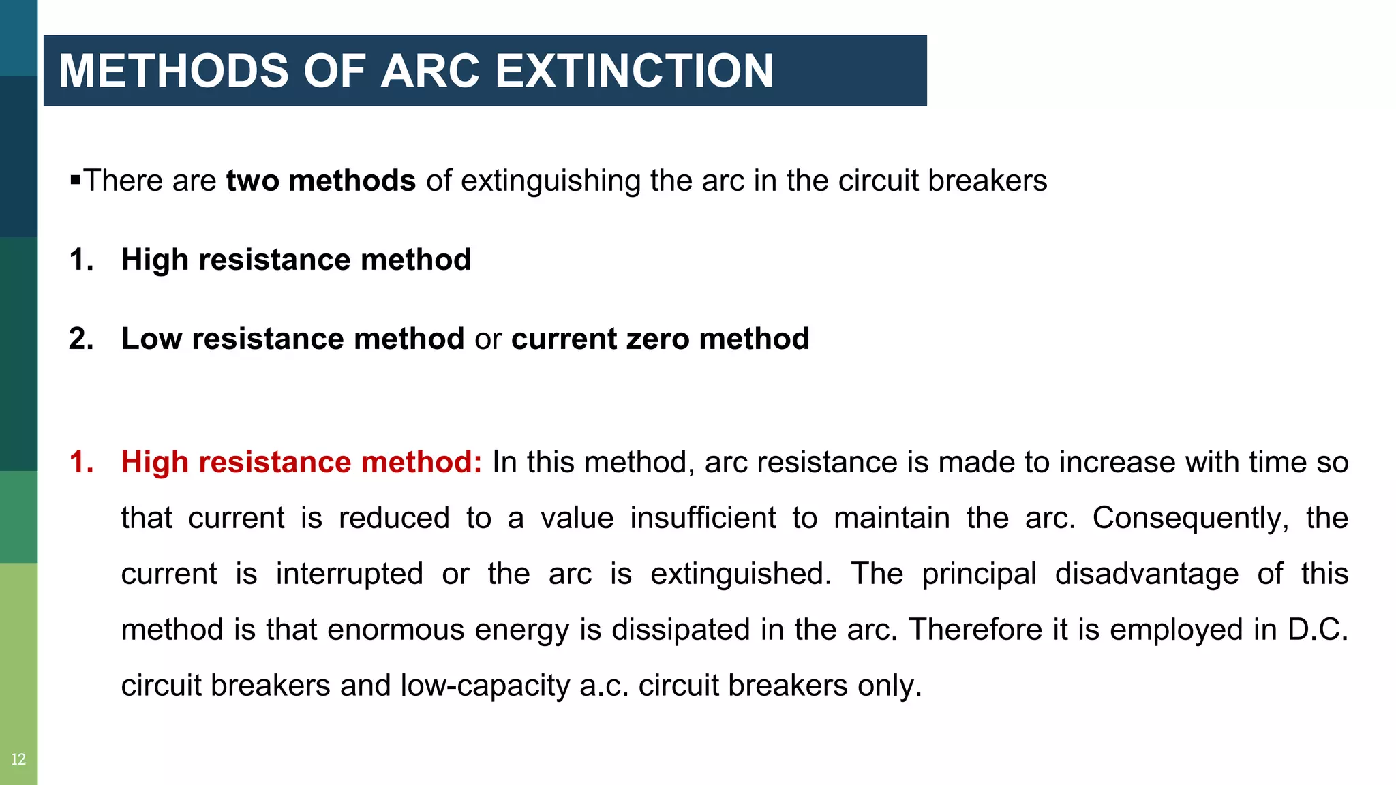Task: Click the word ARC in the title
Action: point(430,71)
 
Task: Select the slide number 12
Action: point(18,759)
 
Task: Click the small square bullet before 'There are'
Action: point(75,181)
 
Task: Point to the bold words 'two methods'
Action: point(320,181)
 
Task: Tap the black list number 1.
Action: point(81,260)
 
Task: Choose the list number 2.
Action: point(81,339)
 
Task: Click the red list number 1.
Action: point(81,462)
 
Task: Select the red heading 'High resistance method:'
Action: point(301,462)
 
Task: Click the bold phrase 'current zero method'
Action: point(660,339)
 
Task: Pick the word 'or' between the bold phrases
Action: point(487,339)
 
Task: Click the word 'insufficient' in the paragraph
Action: point(703,518)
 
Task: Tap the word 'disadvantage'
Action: point(1147,574)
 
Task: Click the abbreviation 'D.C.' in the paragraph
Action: point(1318,630)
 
